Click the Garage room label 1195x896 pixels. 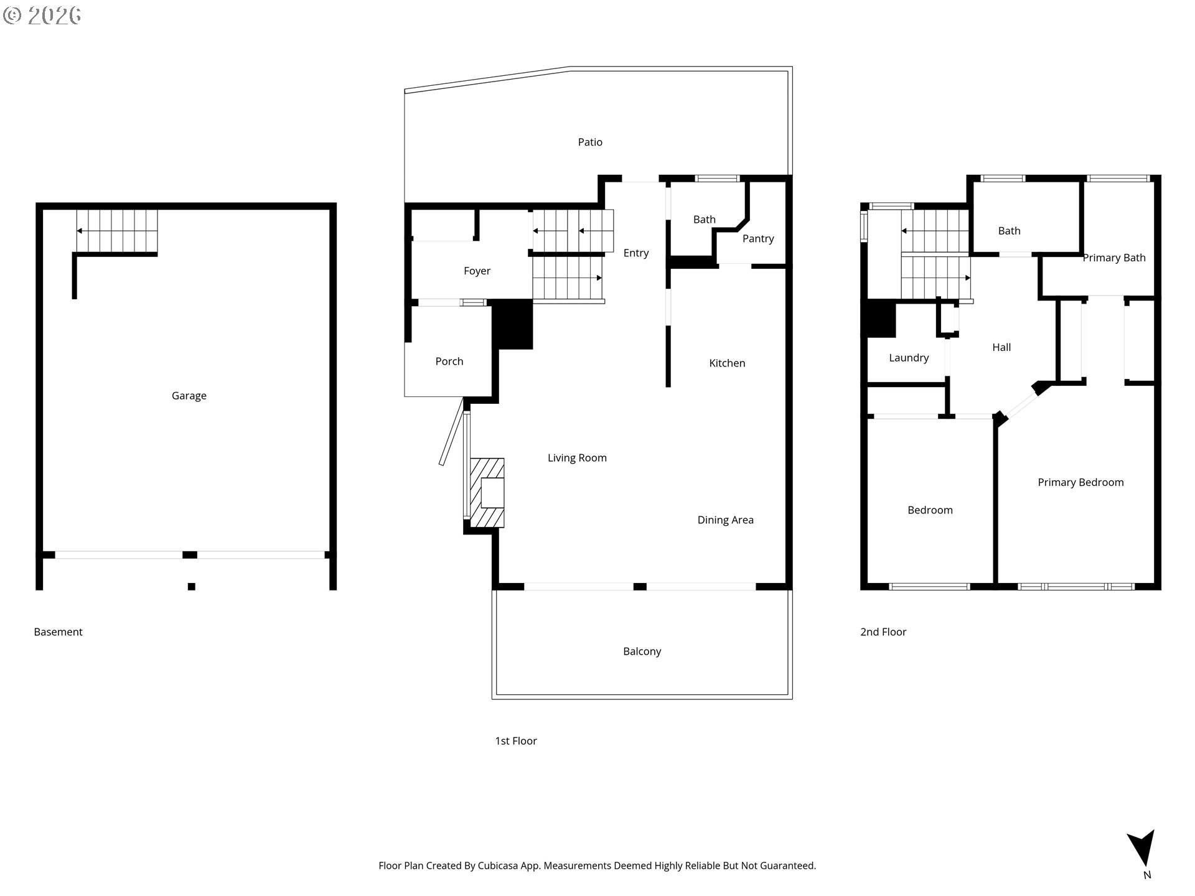pos(189,396)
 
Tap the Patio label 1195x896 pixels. pos(590,142)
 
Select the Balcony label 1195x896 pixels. pos(642,651)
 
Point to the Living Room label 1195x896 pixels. pos(577,458)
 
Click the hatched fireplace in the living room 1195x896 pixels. pos(487,493)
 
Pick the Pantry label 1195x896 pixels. pos(758,239)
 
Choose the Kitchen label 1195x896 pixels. pos(727,363)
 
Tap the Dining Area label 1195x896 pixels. pos(725,520)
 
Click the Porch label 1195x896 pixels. pos(449,362)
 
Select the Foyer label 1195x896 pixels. pos(477,271)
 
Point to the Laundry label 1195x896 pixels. pos(909,358)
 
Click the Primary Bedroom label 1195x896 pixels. pos(1080,482)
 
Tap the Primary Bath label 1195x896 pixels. pos(1114,258)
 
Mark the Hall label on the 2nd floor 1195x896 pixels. pos(1001,347)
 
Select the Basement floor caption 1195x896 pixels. pos(58,632)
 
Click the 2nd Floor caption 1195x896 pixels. pos(883,632)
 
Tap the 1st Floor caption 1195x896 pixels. pos(515,741)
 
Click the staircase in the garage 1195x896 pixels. pos(117,231)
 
